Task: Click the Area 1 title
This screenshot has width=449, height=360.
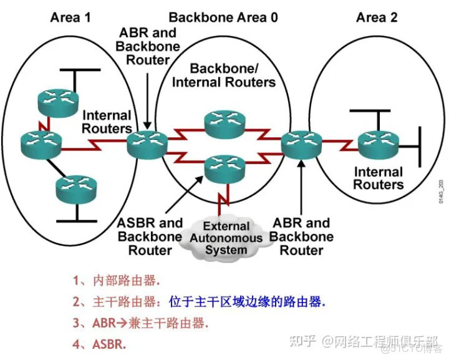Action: pyautogui.click(x=70, y=17)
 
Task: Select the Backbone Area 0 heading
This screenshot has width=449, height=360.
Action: pyautogui.click(x=223, y=17)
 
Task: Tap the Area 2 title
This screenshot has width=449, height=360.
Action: pyautogui.click(x=377, y=17)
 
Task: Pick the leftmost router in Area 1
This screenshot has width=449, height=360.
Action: pyautogui.click(x=40, y=144)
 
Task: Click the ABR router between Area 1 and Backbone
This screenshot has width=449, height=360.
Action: pyautogui.click(x=147, y=145)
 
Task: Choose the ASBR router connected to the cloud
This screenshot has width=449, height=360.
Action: pyautogui.click(x=224, y=167)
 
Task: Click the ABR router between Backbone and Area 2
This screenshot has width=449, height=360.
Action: pyautogui.click(x=301, y=145)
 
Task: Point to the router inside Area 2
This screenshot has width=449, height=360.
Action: pyautogui.click(x=379, y=144)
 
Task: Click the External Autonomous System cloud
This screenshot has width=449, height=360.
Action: pyautogui.click(x=226, y=238)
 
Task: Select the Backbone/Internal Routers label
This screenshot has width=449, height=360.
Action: pyautogui.click(x=224, y=75)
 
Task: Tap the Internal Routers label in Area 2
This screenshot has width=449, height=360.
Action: pyautogui.click(x=379, y=178)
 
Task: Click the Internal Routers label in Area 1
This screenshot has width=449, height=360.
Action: pyautogui.click(x=107, y=122)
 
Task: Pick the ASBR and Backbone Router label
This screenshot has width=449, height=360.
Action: pyautogui.click(x=150, y=236)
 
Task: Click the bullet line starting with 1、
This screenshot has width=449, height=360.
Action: pyautogui.click(x=115, y=280)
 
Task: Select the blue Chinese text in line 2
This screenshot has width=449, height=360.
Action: pyautogui.click(x=247, y=302)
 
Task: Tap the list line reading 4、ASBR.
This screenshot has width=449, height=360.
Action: pyautogui.click(x=99, y=344)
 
